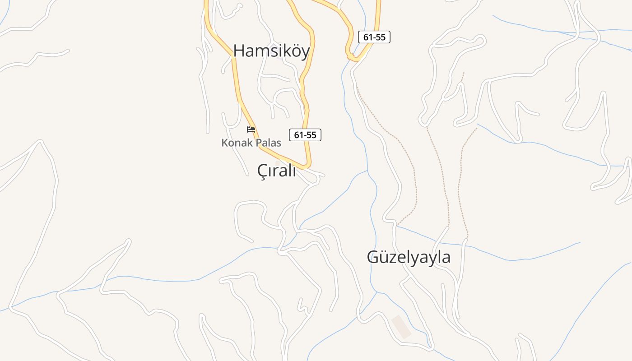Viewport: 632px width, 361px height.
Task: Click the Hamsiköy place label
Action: point(271,51)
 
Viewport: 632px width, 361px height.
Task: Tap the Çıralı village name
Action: point(276,171)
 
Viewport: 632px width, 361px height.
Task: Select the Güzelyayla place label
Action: point(409,257)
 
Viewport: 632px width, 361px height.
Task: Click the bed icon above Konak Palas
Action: point(251,130)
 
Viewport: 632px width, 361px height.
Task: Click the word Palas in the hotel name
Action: point(268,143)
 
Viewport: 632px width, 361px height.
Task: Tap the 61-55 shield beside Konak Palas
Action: point(305,134)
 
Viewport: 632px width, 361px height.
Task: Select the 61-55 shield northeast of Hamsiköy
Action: point(374,37)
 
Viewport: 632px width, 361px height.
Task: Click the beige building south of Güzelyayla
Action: point(401,327)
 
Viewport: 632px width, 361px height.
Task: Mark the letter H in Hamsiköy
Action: point(239,51)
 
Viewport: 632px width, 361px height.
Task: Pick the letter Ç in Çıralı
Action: point(262,171)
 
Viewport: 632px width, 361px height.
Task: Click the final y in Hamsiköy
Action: point(306,52)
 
